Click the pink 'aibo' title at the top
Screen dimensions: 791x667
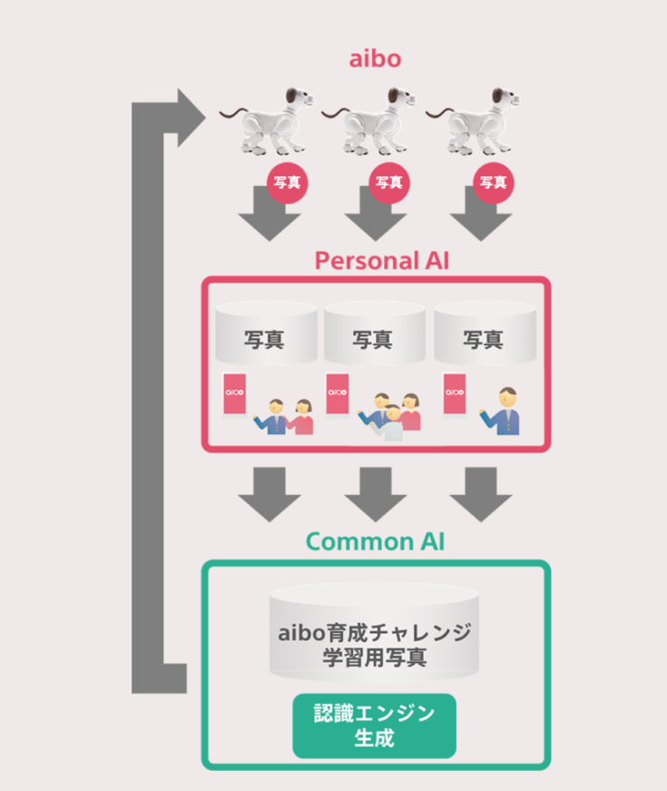pos(375,59)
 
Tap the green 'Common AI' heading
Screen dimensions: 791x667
pos(374,542)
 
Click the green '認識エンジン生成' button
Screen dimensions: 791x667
pos(374,725)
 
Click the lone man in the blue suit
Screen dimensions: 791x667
pos(504,413)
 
